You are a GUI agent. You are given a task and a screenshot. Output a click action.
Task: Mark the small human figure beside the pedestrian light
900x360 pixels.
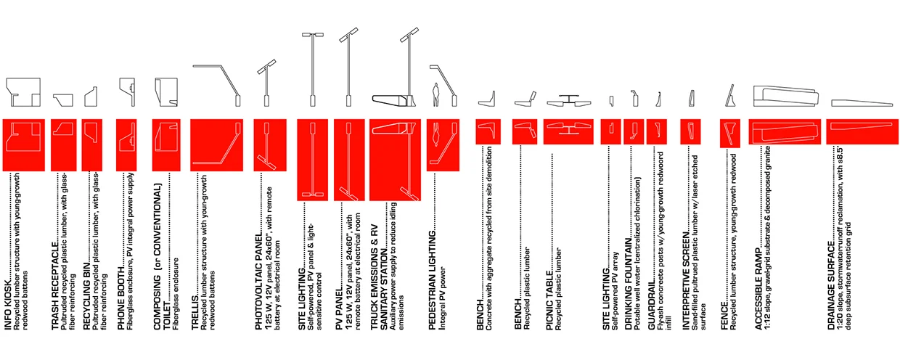435,94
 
